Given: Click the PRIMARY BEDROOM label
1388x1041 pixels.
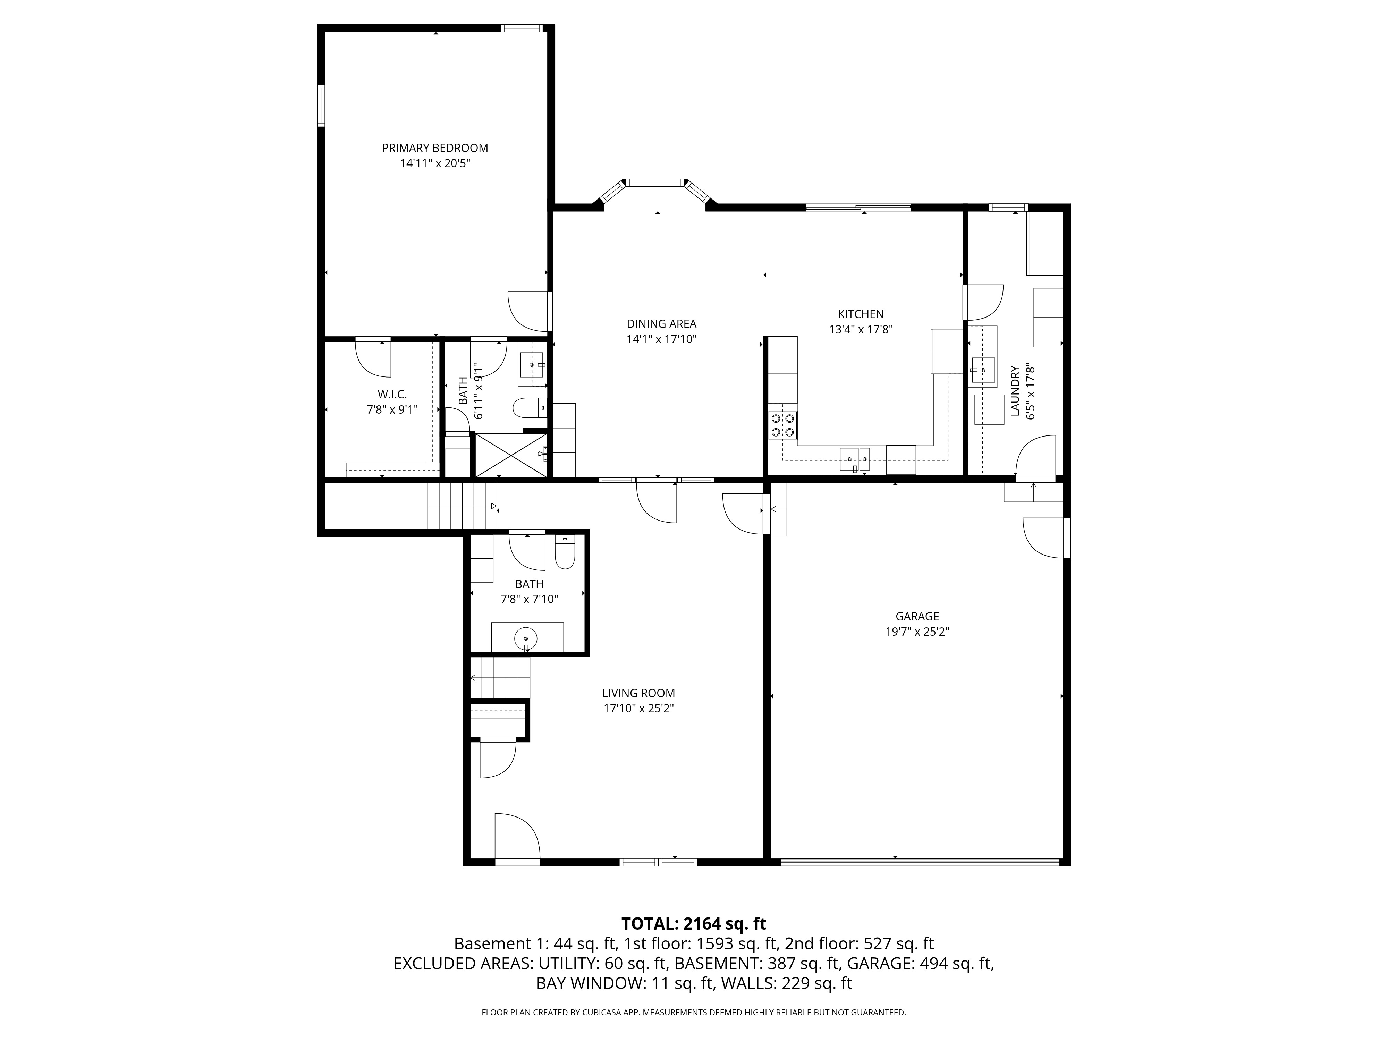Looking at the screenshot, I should pyautogui.click(x=435, y=148).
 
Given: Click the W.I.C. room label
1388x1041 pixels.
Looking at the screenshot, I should pyautogui.click(x=392, y=394).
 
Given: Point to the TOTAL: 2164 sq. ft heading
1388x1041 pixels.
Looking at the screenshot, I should pyautogui.click(x=693, y=924).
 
